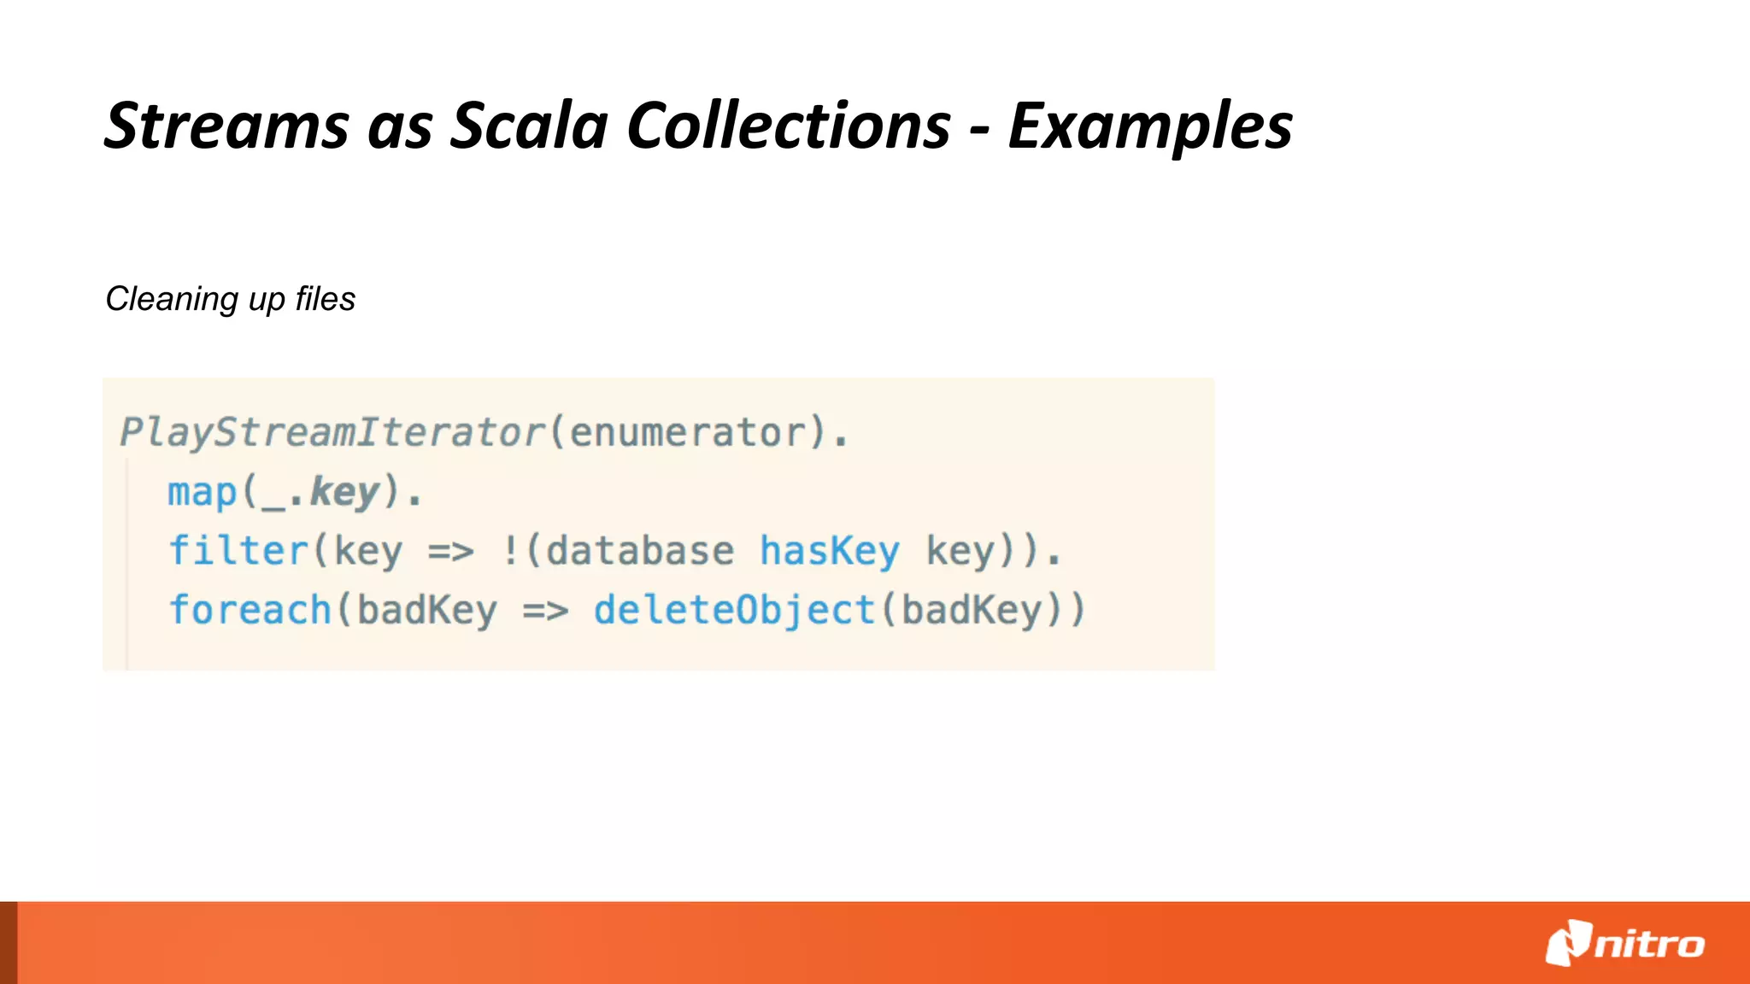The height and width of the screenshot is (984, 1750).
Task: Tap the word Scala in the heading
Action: [x=529, y=126]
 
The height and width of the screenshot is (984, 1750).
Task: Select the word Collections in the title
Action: [x=789, y=126]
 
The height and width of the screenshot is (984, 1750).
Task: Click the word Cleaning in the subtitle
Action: [x=172, y=300]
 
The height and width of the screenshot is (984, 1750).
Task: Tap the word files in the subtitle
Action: [x=325, y=300]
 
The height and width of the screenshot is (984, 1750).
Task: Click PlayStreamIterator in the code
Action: [x=332, y=432]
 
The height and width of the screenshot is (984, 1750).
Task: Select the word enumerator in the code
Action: [x=688, y=432]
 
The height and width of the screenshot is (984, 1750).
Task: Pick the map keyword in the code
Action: [x=202, y=493]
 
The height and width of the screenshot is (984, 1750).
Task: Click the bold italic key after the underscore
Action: [x=344, y=493]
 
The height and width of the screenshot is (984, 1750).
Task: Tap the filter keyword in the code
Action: [x=238, y=551]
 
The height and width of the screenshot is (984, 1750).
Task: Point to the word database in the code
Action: [x=640, y=552]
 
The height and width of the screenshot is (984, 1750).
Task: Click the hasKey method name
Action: [x=830, y=552]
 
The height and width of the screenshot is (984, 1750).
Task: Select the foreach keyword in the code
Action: [x=250, y=611]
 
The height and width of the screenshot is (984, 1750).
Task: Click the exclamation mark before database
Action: [x=510, y=552]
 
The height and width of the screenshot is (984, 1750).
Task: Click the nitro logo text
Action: [x=1649, y=945]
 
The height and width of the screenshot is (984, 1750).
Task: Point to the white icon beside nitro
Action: [x=1568, y=943]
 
